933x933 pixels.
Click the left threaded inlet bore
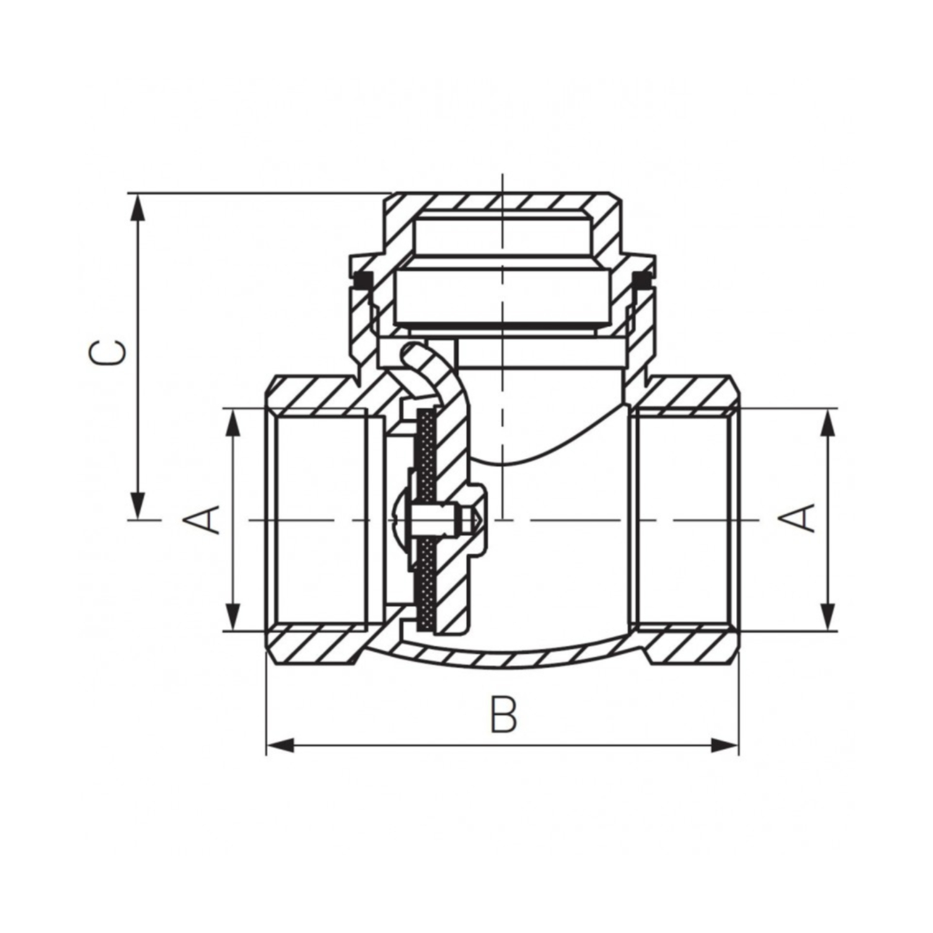[x=320, y=519]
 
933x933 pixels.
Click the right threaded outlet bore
[x=681, y=519]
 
